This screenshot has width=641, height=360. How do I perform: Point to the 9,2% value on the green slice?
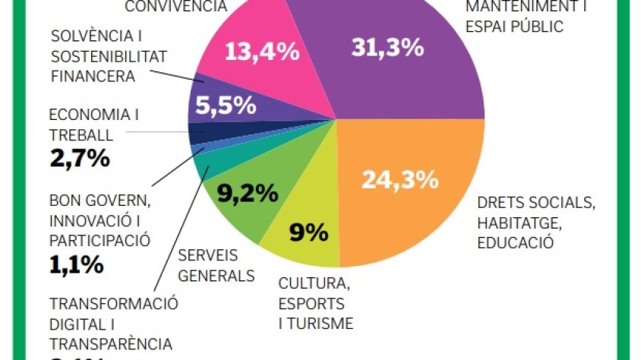pos(248,194)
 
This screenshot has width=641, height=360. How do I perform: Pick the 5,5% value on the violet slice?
pos(226,106)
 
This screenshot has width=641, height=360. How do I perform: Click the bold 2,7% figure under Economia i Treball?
pos(80,159)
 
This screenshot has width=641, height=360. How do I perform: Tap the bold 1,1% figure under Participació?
pos(76,265)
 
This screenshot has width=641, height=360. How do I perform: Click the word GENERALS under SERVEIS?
pos(216,275)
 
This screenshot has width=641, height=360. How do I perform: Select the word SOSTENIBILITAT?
pos(107,56)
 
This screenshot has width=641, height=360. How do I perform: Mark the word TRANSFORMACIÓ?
pos(114,305)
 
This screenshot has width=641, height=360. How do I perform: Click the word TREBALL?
pos(81,135)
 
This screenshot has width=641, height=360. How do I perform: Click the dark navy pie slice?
pos(199,132)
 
